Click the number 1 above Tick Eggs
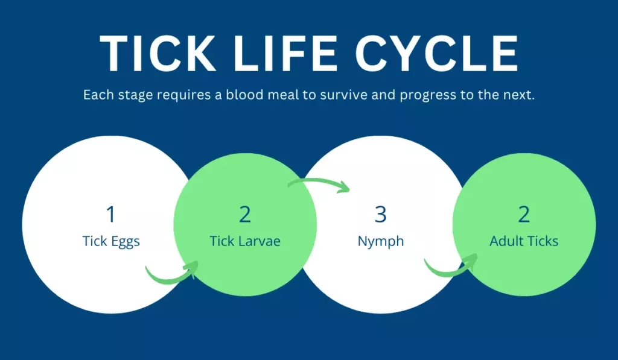pos(110,214)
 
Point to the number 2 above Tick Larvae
pos(245,214)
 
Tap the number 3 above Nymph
pos(380,214)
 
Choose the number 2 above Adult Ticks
pos(524,214)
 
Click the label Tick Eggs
pos(111,242)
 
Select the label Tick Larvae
pos(245,242)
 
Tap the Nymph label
pos(381,242)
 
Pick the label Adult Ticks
pos(524,242)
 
